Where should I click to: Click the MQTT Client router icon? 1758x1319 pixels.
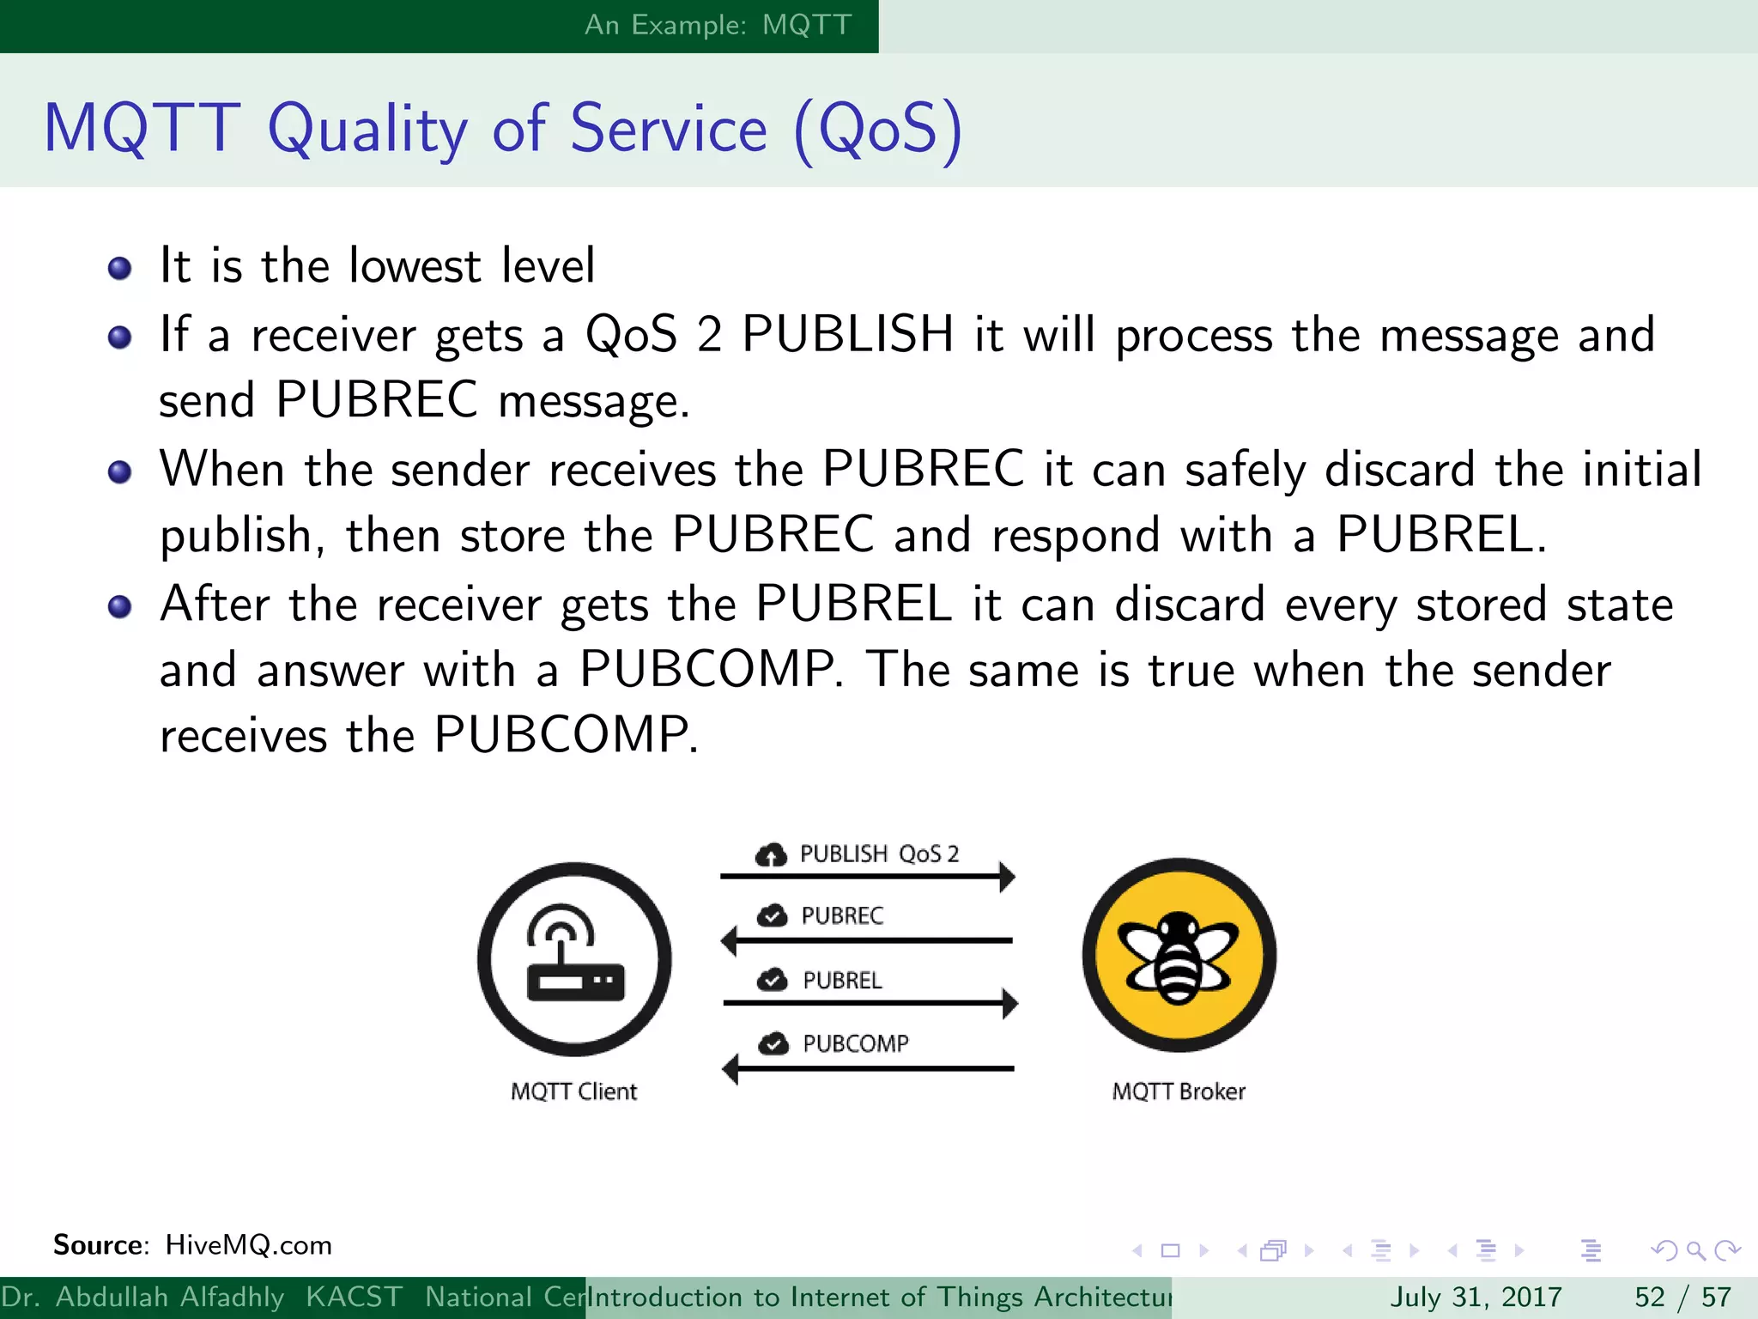click(574, 959)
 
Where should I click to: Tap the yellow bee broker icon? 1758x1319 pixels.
click(1179, 956)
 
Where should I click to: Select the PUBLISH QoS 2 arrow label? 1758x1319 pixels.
click(879, 854)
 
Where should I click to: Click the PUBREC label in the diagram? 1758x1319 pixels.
click(842, 915)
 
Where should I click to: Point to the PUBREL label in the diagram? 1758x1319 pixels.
click(842, 980)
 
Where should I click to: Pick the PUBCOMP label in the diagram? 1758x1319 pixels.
click(855, 1043)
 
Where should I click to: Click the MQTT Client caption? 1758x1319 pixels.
click(573, 1091)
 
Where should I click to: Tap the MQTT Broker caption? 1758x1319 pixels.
click(1179, 1091)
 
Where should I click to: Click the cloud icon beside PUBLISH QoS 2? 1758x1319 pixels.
click(771, 854)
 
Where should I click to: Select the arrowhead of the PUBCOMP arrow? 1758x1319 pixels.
click(730, 1069)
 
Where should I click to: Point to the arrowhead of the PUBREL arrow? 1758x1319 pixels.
click(1010, 1003)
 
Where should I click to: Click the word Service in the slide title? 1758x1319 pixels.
click(669, 129)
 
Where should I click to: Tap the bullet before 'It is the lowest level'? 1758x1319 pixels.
click(119, 268)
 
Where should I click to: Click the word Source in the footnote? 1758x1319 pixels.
click(100, 1245)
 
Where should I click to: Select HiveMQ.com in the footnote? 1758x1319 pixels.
click(248, 1245)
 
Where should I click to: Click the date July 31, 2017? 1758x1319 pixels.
click(1476, 1297)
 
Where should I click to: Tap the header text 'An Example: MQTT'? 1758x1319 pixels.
click(718, 25)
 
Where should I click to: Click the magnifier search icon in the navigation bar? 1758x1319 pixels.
click(1695, 1250)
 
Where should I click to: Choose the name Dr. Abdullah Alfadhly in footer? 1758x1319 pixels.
click(142, 1297)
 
